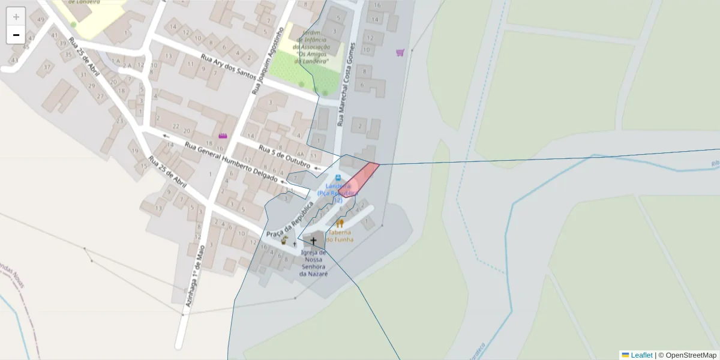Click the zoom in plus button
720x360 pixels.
pos(16,17)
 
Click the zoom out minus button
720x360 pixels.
pos(16,35)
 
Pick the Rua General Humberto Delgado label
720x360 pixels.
pos(231,163)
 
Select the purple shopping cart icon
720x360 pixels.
pos(400,53)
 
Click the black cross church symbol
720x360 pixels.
pos(313,241)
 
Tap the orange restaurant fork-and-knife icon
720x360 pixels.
pos(340,224)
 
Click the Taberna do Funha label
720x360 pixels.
pos(340,235)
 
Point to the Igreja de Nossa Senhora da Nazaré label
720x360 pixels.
pos(314,263)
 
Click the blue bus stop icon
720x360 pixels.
pos(338,178)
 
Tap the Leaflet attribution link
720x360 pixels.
pos(641,355)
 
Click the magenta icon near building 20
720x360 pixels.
pos(223,136)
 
